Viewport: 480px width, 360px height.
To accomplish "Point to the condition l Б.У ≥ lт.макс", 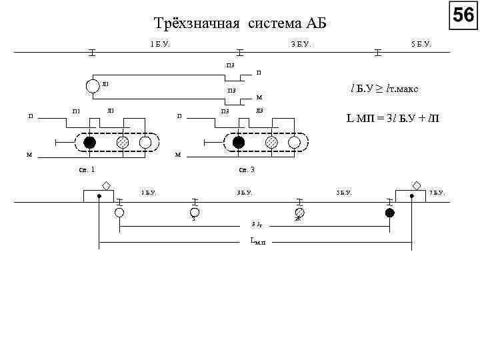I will pos(385,88).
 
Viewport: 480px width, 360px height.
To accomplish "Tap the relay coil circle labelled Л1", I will pos(91,85).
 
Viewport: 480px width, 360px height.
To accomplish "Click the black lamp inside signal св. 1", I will pos(90,143).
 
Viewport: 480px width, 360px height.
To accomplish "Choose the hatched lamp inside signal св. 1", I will pos(123,143).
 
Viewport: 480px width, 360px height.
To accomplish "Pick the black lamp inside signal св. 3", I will pos(239,143).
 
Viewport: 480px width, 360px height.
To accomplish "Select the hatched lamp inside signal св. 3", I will pos(271,143).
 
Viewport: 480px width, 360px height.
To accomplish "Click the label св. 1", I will pos(87,169).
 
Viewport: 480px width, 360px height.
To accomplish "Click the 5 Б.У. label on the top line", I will pos(421,44).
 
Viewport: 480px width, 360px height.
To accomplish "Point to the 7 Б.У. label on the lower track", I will pos(437,193).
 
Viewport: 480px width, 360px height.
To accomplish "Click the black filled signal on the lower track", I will pos(390,213).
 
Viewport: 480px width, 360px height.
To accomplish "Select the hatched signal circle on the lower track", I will pos(299,213).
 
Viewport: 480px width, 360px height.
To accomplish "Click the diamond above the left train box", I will pos(107,185).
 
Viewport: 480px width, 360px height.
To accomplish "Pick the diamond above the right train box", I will pos(417,185).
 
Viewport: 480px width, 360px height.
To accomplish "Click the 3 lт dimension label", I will pos(256,224).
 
